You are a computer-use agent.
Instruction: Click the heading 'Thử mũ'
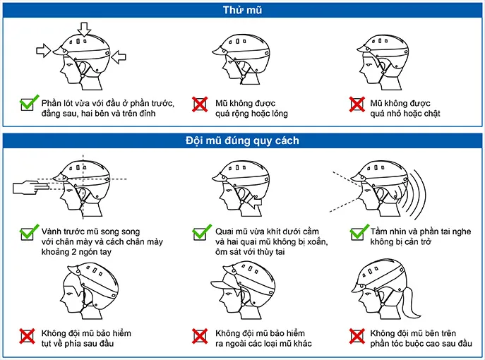tap(243, 10)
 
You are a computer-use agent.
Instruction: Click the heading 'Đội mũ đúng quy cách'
tap(243, 140)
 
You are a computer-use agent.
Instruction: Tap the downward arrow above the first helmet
tap(84, 30)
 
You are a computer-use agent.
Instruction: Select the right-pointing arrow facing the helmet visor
tap(44, 50)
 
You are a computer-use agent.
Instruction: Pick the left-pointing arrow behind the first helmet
tap(119, 57)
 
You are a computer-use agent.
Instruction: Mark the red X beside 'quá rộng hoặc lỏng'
tap(200, 104)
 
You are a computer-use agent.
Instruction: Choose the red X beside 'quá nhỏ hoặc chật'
tap(357, 104)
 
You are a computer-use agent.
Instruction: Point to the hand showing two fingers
tap(31, 187)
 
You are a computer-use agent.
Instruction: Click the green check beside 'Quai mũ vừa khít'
tap(202, 232)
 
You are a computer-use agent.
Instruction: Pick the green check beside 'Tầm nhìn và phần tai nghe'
tap(359, 232)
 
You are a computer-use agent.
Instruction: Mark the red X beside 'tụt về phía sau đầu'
tap(28, 336)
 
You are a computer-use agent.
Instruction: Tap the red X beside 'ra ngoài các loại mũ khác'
tap(200, 336)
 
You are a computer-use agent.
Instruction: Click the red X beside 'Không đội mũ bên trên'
tap(357, 336)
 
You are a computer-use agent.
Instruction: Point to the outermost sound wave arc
tap(421, 194)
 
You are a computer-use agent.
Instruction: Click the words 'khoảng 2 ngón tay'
tap(76, 252)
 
